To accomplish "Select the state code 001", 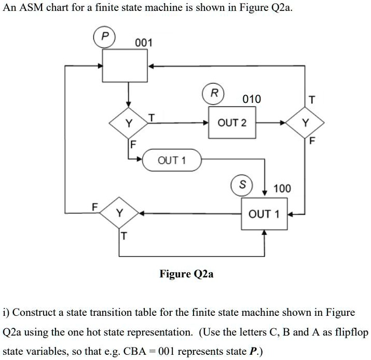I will tap(144, 43).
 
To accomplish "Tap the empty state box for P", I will tap(127, 65).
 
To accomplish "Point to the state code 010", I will tap(252, 99).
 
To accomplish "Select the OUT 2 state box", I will tap(232, 123).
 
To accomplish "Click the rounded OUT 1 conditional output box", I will tap(172, 160).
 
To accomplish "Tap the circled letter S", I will tap(241, 185).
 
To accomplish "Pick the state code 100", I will tap(282, 188).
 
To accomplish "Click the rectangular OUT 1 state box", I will tap(264, 214).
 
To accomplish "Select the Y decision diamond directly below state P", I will tap(128, 123).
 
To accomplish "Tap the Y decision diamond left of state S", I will tap(120, 214).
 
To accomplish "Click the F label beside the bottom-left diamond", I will tap(94, 206).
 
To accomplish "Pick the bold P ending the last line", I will tap(253, 351).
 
